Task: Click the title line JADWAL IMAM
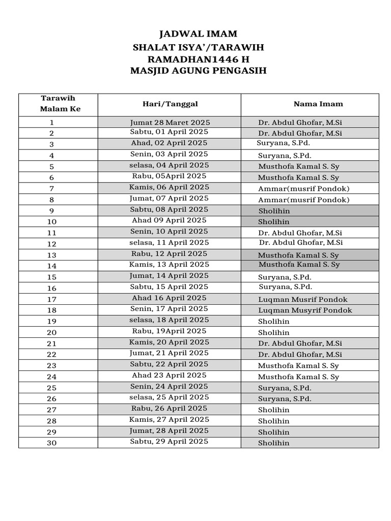point(198,35)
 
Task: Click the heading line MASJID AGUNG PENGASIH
point(198,71)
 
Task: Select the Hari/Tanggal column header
point(170,104)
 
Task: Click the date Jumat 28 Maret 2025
point(170,123)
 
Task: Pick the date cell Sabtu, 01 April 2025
point(169,132)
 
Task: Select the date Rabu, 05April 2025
point(169,176)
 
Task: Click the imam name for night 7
point(304,189)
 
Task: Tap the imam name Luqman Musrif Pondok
point(303,300)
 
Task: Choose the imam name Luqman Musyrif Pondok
point(305,310)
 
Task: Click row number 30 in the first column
point(52,443)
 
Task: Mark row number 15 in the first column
point(52,277)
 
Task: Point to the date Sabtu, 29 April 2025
point(169,442)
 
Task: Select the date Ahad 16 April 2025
point(169,298)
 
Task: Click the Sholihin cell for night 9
point(274,211)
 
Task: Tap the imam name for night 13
point(298,255)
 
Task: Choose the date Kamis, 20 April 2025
point(169,342)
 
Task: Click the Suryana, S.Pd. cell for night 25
point(285,388)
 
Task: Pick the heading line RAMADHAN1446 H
point(198,60)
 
